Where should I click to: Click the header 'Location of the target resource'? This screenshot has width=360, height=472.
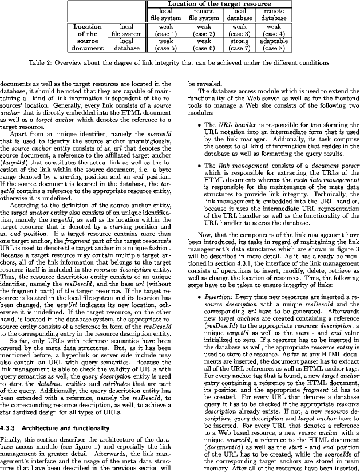pos(219,5)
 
